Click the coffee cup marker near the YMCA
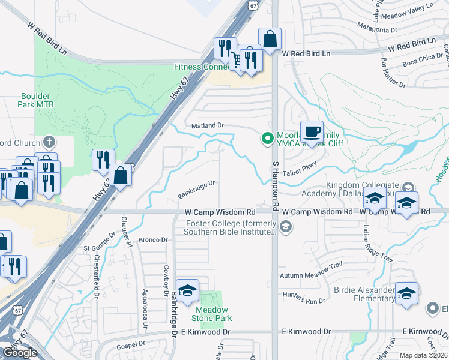click(x=311, y=132)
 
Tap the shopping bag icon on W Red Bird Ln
click(x=270, y=40)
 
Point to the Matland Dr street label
click(x=208, y=125)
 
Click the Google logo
click(x=20, y=352)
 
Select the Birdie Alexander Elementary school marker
click(x=406, y=294)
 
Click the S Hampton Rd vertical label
click(x=276, y=185)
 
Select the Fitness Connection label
click(x=198, y=67)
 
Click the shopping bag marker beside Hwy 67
click(x=121, y=175)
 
